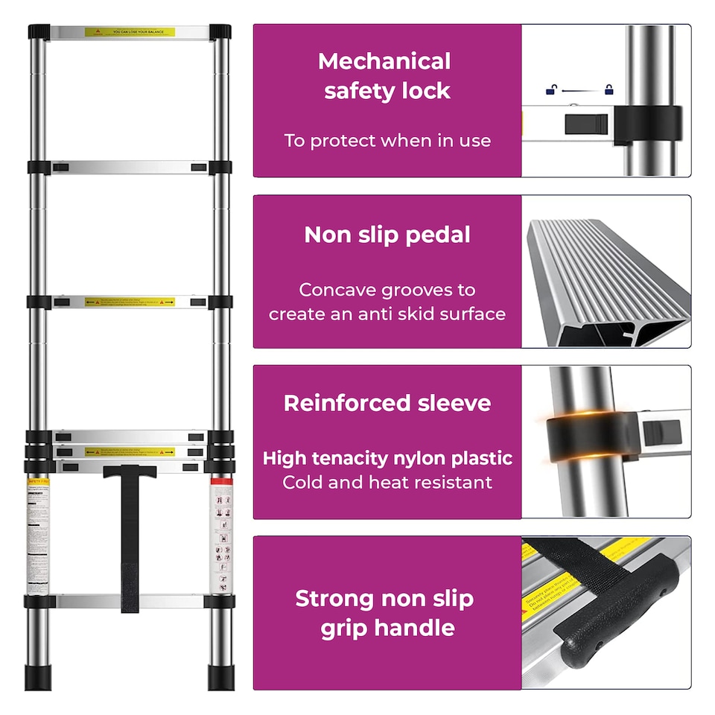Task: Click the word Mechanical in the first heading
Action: [384, 61]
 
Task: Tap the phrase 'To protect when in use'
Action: [387, 141]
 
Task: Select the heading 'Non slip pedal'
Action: [387, 235]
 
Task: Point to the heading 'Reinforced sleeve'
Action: [387, 404]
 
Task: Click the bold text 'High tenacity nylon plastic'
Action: [387, 458]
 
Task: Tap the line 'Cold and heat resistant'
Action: [387, 483]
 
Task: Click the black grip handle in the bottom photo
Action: [618, 611]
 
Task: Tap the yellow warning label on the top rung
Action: [130, 33]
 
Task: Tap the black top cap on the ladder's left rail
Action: [39, 32]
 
